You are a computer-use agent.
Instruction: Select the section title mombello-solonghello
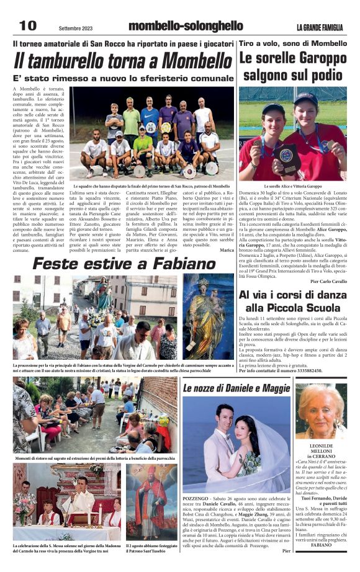coord(185,25)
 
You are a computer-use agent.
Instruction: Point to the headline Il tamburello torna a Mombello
coord(123,62)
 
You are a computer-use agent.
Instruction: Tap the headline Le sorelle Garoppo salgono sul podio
coord(293,66)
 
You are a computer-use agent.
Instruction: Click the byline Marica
coord(227,250)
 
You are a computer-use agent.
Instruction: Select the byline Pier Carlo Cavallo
coord(328,281)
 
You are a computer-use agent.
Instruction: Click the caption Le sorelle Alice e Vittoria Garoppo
coord(293,186)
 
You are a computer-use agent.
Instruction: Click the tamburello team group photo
coord(152,133)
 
